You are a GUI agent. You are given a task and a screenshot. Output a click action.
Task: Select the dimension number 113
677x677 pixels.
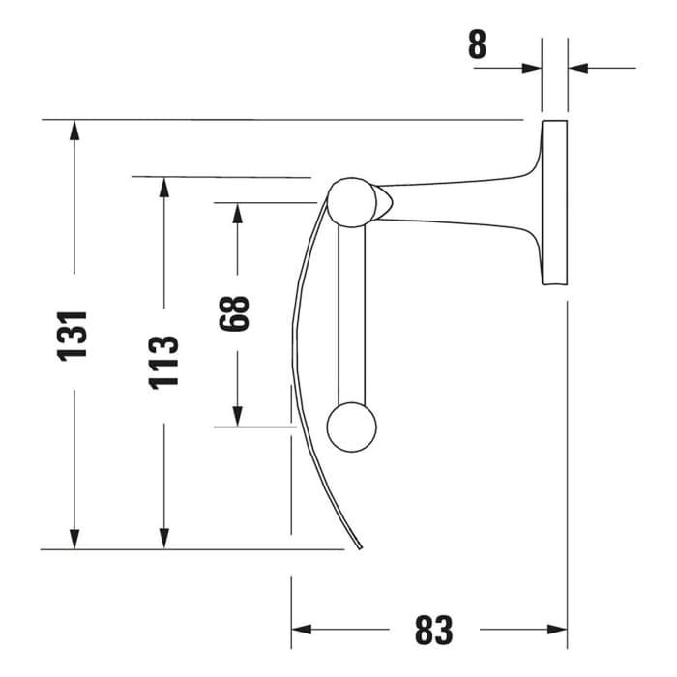tap(163, 360)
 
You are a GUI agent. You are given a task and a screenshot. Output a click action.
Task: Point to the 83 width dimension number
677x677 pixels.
tap(432, 630)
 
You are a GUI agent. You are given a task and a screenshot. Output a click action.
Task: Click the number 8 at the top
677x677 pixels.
tap(478, 45)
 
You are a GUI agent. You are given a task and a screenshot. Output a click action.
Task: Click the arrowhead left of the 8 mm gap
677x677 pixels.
tap(531, 68)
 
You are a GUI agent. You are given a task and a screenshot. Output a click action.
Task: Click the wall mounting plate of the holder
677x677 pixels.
tap(554, 203)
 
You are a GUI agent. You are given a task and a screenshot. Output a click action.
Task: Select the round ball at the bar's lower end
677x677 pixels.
tap(350, 427)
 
